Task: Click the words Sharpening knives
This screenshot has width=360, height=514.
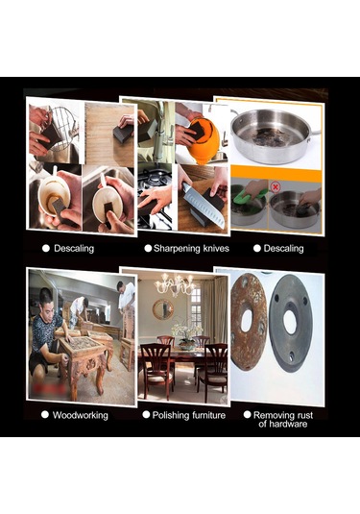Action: point(191,249)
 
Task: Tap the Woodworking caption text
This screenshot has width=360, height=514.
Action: point(81,415)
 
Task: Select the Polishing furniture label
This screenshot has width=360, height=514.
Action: point(189,415)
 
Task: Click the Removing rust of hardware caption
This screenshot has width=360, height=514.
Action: point(283,420)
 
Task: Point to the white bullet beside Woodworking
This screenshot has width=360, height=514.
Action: point(45,415)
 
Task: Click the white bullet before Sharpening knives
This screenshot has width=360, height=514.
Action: point(148,248)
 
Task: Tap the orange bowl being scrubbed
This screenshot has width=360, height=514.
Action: point(203,140)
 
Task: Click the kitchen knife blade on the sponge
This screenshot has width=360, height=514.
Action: point(204,206)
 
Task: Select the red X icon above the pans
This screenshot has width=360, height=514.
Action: point(276,187)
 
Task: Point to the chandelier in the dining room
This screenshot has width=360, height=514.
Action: point(175,284)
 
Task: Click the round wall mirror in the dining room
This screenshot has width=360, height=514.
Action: point(163,309)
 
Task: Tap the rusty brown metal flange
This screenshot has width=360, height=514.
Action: point(248,322)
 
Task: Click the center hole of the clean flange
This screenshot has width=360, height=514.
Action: point(290,322)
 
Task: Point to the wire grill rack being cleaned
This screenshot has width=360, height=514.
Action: point(63,129)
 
